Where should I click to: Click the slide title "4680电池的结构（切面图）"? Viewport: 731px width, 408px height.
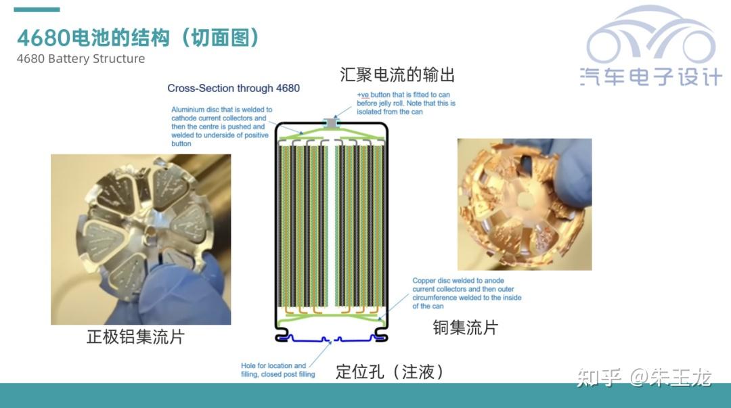(x=139, y=38)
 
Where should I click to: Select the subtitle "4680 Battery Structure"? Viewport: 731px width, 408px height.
(x=81, y=59)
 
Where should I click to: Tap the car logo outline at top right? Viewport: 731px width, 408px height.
(x=650, y=37)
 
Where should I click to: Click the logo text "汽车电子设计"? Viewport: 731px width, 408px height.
(x=650, y=76)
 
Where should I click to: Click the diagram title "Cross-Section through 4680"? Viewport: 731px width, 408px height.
(x=234, y=88)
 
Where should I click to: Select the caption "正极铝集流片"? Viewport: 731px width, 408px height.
(x=135, y=336)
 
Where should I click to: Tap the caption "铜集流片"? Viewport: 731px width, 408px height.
(x=465, y=328)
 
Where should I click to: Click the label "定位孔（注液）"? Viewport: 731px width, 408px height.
(x=391, y=371)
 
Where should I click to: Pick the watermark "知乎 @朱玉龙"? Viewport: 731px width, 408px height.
(x=643, y=377)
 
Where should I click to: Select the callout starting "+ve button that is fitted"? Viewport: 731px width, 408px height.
(x=406, y=103)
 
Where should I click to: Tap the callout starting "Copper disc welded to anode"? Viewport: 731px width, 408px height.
(x=467, y=293)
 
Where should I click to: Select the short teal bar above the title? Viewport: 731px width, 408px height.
(x=37, y=9)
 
